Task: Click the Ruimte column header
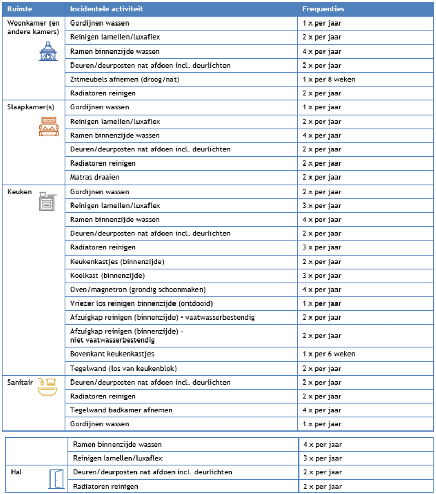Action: tap(18, 9)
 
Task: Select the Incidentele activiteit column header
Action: tap(107, 9)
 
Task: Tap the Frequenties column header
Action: tap(323, 9)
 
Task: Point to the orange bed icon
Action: tap(48, 126)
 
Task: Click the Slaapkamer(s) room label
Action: tap(31, 107)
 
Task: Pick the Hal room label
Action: tap(16, 472)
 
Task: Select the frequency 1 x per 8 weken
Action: tap(329, 79)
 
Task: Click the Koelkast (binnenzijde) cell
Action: tap(107, 275)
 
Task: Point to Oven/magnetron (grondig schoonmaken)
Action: tap(138, 289)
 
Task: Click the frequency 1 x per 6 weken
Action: tap(329, 354)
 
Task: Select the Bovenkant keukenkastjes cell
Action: tap(112, 354)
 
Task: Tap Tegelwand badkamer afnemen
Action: tap(121, 410)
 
